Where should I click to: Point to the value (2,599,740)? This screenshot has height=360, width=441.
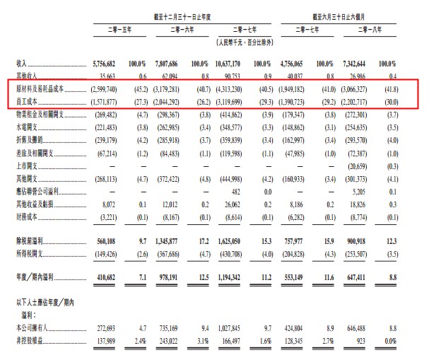click(x=108, y=91)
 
